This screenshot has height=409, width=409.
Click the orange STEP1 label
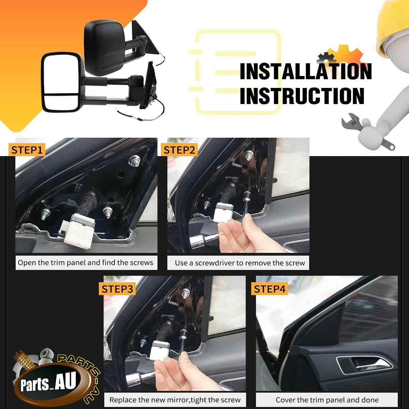[27, 150]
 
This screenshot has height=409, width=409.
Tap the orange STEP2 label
[179, 150]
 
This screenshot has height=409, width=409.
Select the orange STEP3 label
[117, 289]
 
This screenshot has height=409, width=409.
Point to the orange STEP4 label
[270, 289]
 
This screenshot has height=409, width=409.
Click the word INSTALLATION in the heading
[306, 71]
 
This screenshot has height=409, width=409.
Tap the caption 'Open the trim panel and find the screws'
[85, 263]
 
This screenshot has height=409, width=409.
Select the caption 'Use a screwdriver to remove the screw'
[240, 263]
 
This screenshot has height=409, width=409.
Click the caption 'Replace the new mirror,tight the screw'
[175, 400]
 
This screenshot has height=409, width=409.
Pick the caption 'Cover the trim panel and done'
[327, 400]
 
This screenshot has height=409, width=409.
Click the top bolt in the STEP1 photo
[134, 160]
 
